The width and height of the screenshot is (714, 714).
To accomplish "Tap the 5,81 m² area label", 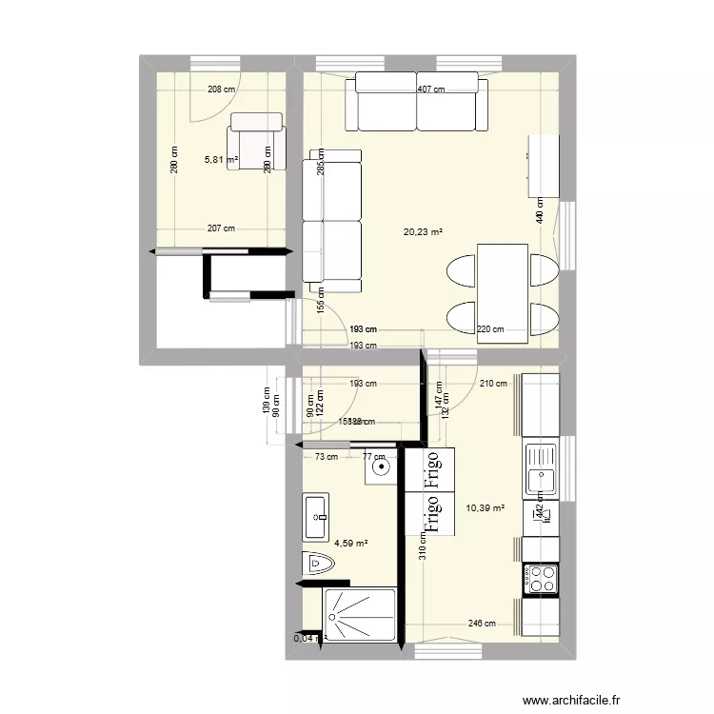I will (x=221, y=160).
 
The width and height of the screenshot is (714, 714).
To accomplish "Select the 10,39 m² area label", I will (x=485, y=507).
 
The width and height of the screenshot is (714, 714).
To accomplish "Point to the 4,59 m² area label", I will (x=350, y=544).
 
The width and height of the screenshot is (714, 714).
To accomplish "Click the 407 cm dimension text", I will (x=431, y=90).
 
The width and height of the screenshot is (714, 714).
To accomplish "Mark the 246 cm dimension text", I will (x=483, y=625).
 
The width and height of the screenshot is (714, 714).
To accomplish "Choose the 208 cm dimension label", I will (x=222, y=90).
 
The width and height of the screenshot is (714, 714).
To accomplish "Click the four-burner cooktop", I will (x=542, y=577).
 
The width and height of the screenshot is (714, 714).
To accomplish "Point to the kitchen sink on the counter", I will (x=541, y=466).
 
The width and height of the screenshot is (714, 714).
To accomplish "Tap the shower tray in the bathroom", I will (x=360, y=615).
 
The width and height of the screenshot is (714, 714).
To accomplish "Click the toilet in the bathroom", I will (x=318, y=565).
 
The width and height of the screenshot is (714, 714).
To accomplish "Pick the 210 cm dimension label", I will (x=493, y=385).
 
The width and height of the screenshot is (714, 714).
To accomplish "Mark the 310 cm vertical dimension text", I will (x=422, y=545).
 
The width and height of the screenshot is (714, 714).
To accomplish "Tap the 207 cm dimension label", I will (x=221, y=228).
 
